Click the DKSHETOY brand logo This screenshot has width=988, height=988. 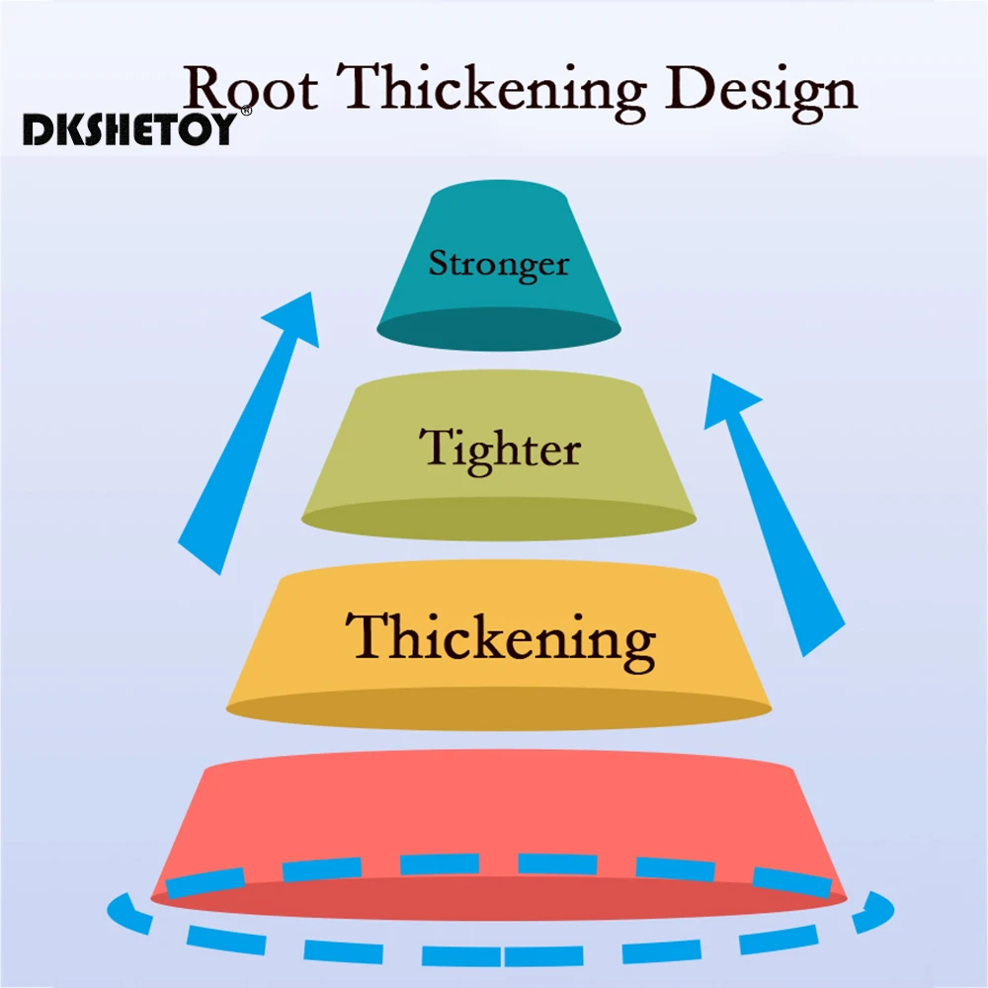point(129,129)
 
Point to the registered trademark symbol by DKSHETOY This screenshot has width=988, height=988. point(246,112)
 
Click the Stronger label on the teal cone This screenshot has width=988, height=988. point(498,264)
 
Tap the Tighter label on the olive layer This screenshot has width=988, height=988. point(500,449)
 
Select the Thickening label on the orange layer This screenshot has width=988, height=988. point(500,637)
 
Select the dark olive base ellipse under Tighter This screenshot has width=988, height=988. point(499,520)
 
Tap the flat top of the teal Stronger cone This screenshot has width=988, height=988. point(499,197)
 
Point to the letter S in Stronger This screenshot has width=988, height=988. point(438,264)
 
